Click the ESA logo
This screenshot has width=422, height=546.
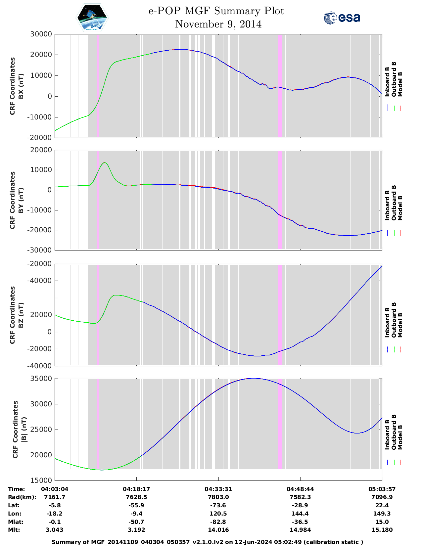click(x=342, y=18)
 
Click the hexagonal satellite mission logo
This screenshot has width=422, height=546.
click(x=92, y=18)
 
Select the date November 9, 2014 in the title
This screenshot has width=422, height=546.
click(x=218, y=24)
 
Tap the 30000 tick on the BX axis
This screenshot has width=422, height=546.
click(x=41, y=34)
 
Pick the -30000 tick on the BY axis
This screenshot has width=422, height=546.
click(x=41, y=250)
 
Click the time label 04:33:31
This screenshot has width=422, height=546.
click(x=218, y=489)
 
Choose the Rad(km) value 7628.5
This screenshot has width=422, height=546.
click(x=136, y=497)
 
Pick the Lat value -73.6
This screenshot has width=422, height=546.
click(x=218, y=505)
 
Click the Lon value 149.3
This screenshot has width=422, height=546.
click(x=382, y=514)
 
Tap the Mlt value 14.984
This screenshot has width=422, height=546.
click(x=300, y=530)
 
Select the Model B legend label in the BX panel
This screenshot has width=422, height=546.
click(x=400, y=84)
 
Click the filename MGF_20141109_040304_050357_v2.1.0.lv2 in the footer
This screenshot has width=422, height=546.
click(x=156, y=542)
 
